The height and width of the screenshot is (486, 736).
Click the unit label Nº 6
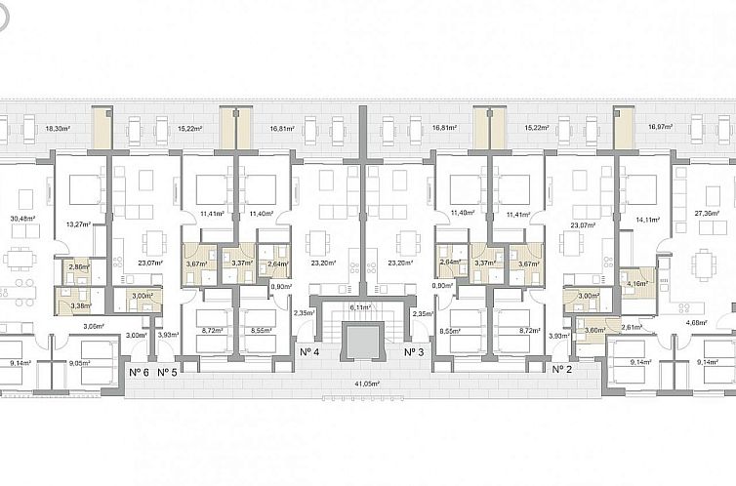tap(139, 372)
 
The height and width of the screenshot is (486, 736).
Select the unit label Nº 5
tap(167, 372)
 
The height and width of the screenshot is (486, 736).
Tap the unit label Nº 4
tap(310, 351)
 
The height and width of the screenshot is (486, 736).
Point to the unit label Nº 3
tap(416, 351)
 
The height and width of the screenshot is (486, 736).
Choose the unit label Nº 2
tap(561, 370)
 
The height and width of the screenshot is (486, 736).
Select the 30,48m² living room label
tap(22, 219)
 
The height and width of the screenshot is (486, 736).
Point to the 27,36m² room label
tap(707, 213)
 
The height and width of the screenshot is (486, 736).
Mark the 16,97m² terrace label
tap(661, 127)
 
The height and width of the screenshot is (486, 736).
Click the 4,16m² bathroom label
tap(638, 284)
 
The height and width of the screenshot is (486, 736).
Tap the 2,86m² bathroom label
tap(76, 265)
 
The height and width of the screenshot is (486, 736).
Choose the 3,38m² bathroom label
tap(79, 304)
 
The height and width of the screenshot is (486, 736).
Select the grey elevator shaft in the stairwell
tap(362, 341)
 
